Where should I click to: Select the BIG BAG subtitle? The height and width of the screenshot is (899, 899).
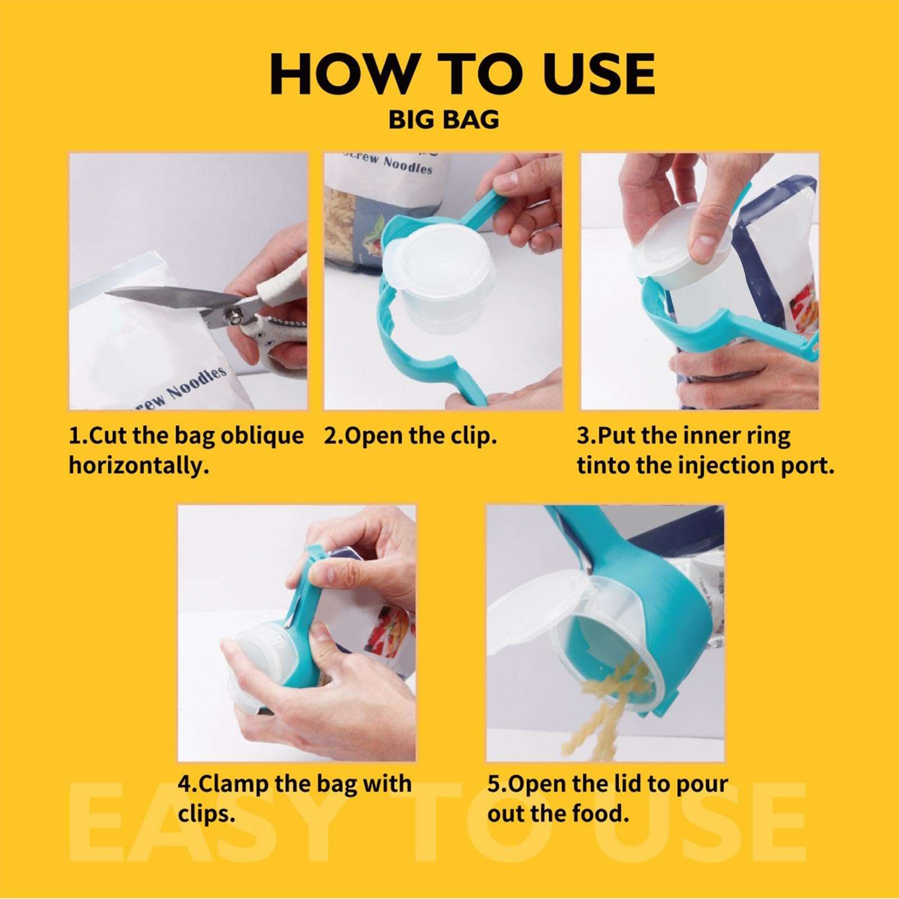point(444,120)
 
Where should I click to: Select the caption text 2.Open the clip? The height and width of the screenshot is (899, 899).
point(410,436)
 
